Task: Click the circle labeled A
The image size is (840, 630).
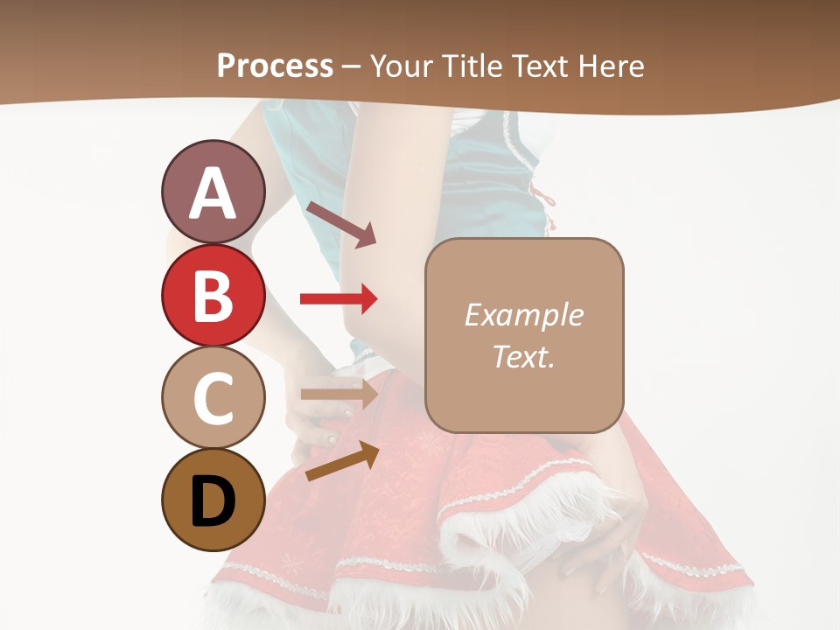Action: point(213,192)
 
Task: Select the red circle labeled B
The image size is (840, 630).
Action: point(213,296)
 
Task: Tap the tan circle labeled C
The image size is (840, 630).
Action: point(213,398)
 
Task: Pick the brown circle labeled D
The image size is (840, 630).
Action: point(213,500)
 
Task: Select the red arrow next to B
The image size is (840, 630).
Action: point(339,299)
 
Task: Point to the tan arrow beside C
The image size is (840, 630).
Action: point(339,394)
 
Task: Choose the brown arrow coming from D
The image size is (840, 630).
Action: point(341,461)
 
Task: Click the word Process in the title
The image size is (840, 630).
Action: point(275,66)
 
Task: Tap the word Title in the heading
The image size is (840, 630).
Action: point(472,66)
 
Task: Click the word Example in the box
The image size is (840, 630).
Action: point(523,315)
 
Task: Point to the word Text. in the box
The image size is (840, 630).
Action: point(523,356)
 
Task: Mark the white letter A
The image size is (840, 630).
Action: point(213,193)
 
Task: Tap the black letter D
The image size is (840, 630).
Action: point(213,503)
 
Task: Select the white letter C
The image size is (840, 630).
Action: point(213,399)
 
